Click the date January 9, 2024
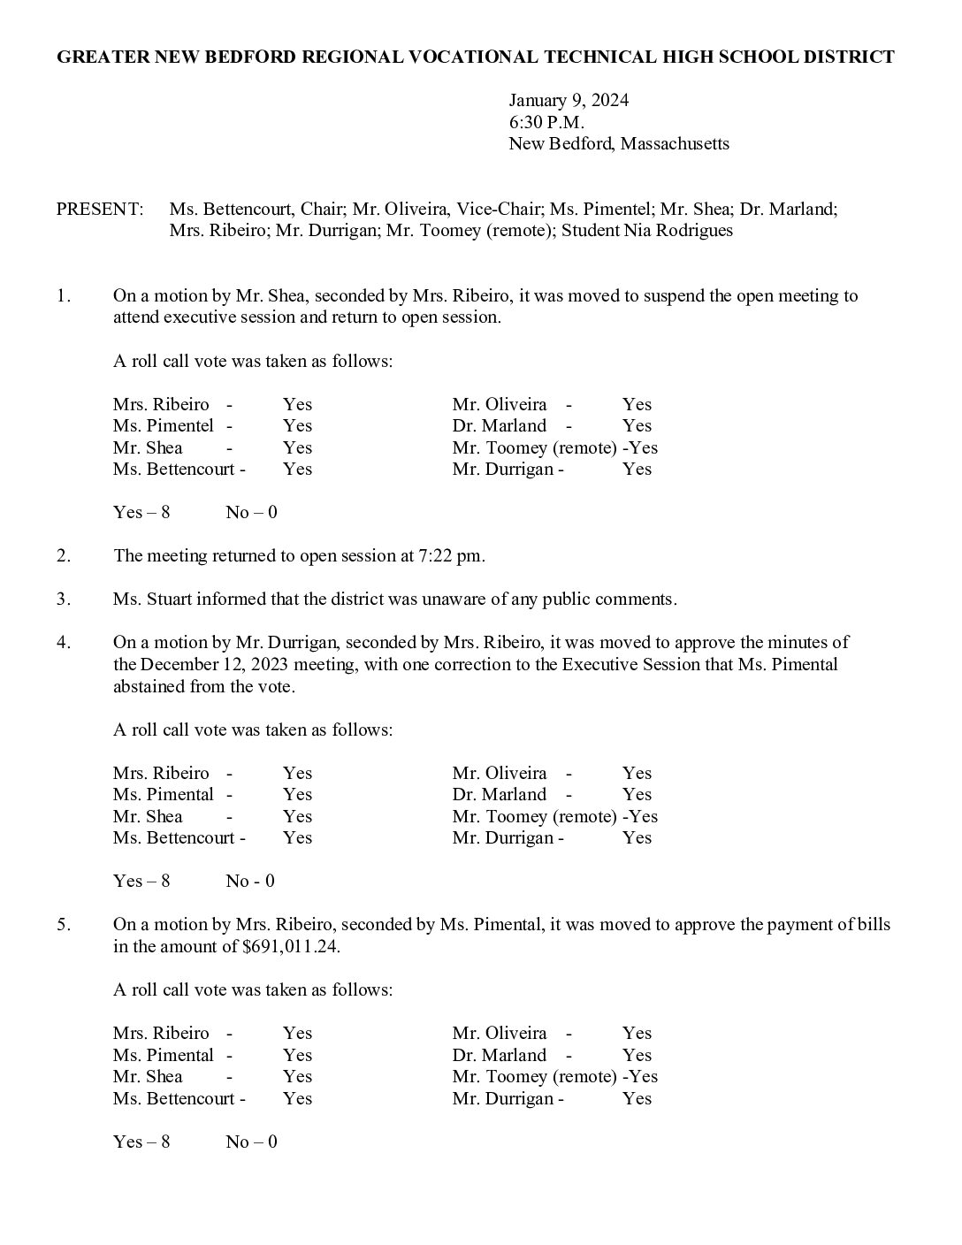click(x=569, y=100)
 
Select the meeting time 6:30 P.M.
click(x=546, y=122)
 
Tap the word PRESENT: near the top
click(x=99, y=210)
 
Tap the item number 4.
click(x=63, y=643)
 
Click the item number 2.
click(x=63, y=556)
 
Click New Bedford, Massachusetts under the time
click(x=618, y=143)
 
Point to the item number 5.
click(x=63, y=925)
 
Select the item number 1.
click(x=63, y=296)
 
